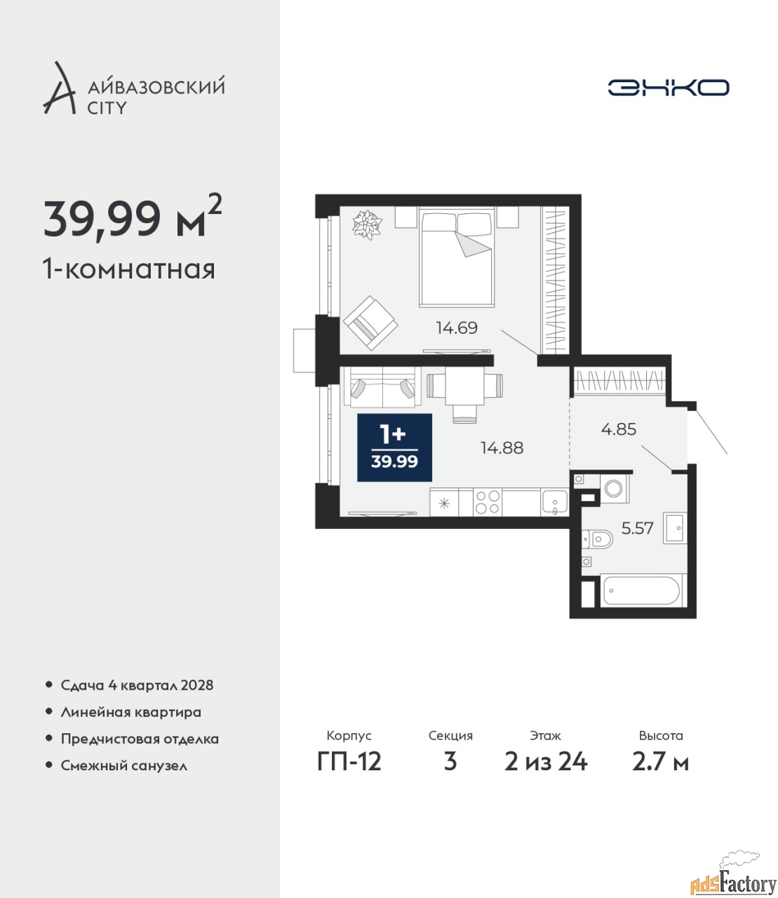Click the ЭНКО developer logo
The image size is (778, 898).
[668, 87]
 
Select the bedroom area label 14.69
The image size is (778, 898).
[457, 328]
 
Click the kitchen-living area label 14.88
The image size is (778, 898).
[502, 448]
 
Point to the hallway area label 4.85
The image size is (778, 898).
[619, 429]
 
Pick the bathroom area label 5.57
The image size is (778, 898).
[637, 528]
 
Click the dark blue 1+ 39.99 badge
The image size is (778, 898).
[394, 448]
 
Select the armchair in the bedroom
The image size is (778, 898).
[370, 323]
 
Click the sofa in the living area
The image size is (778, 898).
[382, 387]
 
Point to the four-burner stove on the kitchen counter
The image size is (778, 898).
[487, 502]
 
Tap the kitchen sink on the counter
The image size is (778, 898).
[554, 502]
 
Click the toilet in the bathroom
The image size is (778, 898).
[597, 540]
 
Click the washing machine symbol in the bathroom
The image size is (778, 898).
[615, 488]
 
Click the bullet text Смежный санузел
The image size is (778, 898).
[123, 765]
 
